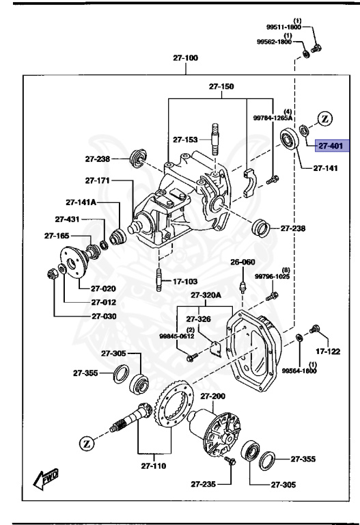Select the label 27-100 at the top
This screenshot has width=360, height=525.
pyautogui.click(x=185, y=59)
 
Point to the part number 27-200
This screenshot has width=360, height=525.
pyautogui.click(x=212, y=396)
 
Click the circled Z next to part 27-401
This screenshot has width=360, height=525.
pyautogui.click(x=324, y=119)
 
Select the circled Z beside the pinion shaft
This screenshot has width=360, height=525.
pyautogui.click(x=87, y=442)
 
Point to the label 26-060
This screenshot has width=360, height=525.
pyautogui.click(x=242, y=262)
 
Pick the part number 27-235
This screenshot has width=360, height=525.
pyautogui.click(x=202, y=484)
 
